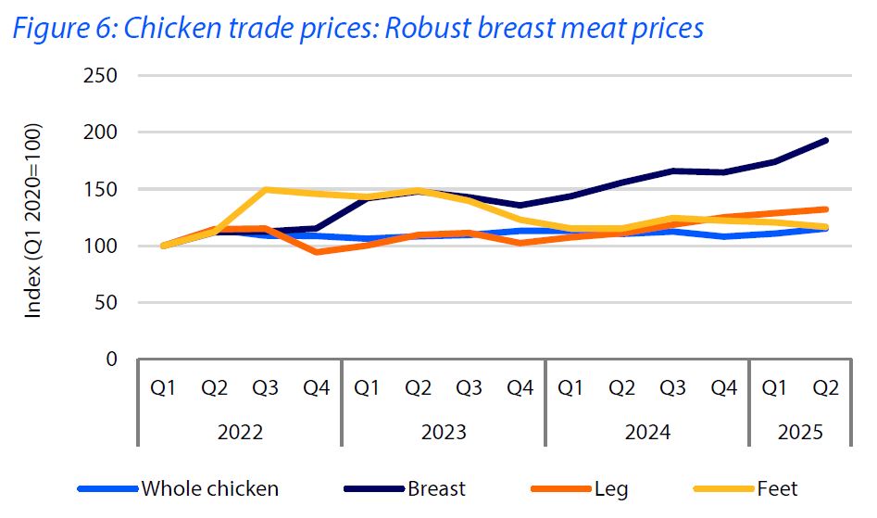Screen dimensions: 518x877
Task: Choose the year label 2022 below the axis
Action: click(240, 432)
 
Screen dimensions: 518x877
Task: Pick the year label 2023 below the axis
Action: click(444, 432)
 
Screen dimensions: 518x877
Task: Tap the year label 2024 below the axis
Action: click(647, 432)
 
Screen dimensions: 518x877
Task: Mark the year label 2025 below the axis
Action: click(800, 432)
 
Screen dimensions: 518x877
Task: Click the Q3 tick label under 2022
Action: click(266, 388)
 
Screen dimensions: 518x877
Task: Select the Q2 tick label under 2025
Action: click(825, 388)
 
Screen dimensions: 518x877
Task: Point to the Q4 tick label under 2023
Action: click(520, 388)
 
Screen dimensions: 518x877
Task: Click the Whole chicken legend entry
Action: click(208, 488)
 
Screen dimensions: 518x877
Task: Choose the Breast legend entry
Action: click(436, 488)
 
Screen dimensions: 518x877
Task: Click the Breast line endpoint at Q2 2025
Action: click(825, 141)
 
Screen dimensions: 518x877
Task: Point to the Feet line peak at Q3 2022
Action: click(266, 190)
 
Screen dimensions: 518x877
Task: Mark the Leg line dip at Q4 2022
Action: click(317, 251)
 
